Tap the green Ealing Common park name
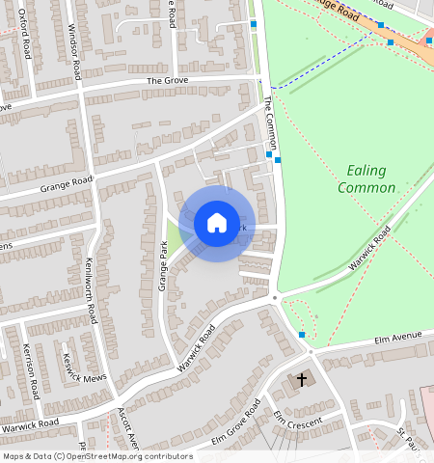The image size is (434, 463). (x=363, y=178)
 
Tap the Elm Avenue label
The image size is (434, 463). (x=399, y=337)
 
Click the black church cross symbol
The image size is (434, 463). (x=301, y=380)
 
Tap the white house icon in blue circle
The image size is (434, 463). (x=217, y=224)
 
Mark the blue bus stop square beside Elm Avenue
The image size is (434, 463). (x=302, y=334)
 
